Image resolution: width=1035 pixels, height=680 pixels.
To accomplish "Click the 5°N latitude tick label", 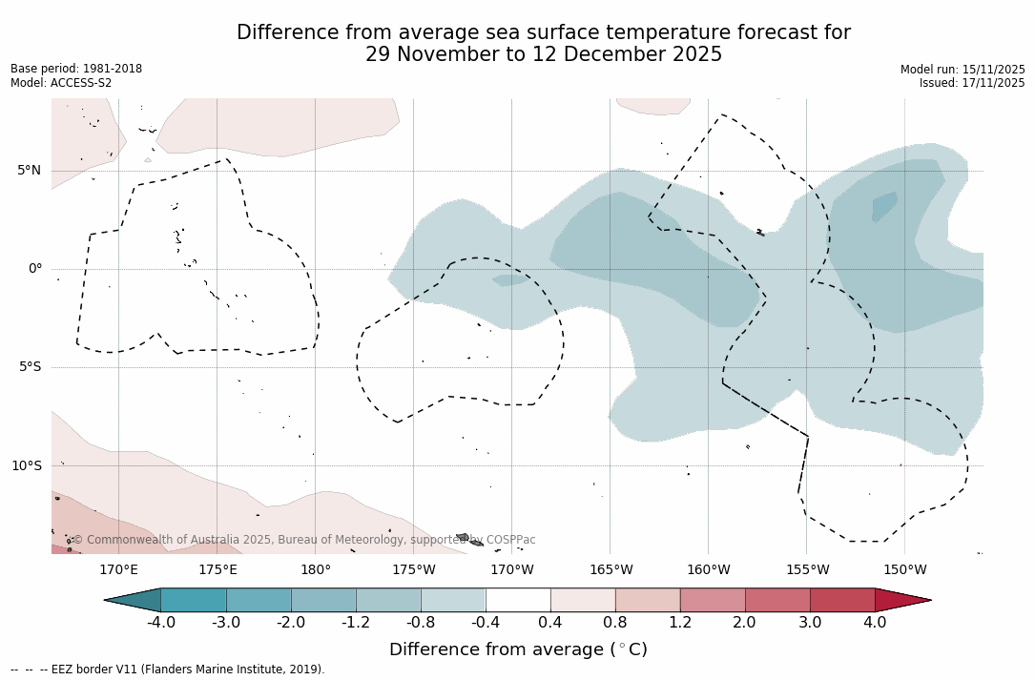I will pyautogui.click(x=29, y=171).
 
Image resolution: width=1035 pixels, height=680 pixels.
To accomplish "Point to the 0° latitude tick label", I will pyautogui.click(x=34, y=269).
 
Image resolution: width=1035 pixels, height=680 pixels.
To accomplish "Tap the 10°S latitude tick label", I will pyautogui.click(x=26, y=466).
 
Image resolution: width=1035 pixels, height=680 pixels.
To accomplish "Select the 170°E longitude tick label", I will pyautogui.click(x=118, y=570).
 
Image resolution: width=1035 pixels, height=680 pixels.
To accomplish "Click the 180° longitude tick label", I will pyautogui.click(x=316, y=570).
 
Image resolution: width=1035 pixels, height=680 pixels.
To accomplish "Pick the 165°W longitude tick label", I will pyautogui.click(x=611, y=570).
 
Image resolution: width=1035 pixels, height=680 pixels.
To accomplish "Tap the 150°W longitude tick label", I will pyautogui.click(x=905, y=570).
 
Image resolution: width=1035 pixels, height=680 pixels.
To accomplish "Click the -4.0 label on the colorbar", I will pyautogui.click(x=161, y=623).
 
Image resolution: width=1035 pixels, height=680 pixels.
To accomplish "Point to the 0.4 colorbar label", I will pyautogui.click(x=550, y=623).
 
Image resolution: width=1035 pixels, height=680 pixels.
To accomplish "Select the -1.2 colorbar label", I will pyautogui.click(x=356, y=623).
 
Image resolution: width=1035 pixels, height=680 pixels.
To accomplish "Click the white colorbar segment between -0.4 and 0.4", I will pyautogui.click(x=518, y=600).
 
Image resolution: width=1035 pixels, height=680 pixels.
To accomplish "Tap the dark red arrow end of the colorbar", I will pyautogui.click(x=901, y=600).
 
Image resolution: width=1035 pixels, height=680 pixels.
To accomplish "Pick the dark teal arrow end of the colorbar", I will pyautogui.click(x=134, y=600).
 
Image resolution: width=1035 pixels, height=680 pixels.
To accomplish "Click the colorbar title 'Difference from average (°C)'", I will pyautogui.click(x=518, y=650).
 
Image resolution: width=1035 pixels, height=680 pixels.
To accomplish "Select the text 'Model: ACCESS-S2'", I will pyautogui.click(x=61, y=83).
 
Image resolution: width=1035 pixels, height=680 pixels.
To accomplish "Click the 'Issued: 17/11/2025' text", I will pyautogui.click(x=972, y=83).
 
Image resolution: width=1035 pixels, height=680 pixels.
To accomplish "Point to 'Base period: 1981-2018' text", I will pyautogui.click(x=76, y=69).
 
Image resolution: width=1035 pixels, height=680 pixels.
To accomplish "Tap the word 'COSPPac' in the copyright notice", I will pyautogui.click(x=510, y=540).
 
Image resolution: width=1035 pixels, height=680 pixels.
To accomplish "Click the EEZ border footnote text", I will pyautogui.click(x=168, y=670).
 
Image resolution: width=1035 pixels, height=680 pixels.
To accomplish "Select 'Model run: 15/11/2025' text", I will pyautogui.click(x=963, y=70).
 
